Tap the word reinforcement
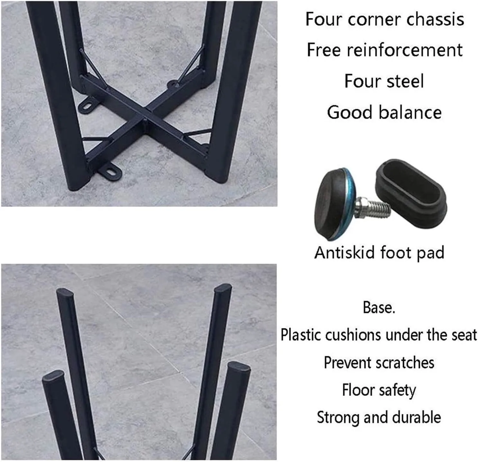coord(405,50)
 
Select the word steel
coord(405,81)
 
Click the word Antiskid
coord(345,253)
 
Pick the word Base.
coord(379,307)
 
